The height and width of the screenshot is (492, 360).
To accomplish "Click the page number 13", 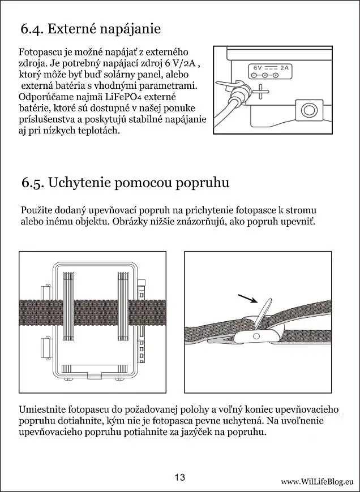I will [x=180, y=477].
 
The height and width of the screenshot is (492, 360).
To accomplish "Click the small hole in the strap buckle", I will [x=255, y=336].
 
